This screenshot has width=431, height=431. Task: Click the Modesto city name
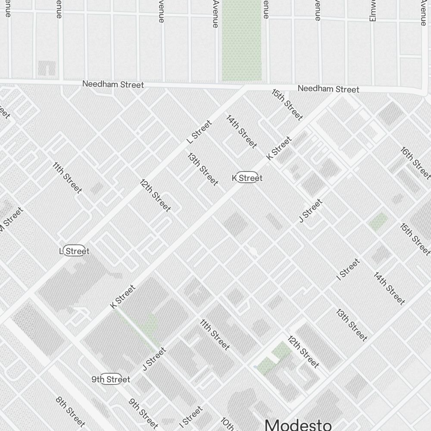[298, 424]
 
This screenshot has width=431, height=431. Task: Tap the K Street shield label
[247, 178]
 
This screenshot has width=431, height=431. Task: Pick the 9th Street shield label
[111, 379]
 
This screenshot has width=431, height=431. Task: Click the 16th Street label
[415, 162]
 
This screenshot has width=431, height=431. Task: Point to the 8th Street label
[70, 411]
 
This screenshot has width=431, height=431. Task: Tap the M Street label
[11, 222]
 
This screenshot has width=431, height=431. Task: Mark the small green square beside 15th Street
[378, 222]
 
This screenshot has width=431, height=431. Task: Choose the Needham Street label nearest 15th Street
[328, 89]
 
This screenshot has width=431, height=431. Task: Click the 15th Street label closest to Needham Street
[287, 104]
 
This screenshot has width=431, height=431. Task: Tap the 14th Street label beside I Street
[389, 288]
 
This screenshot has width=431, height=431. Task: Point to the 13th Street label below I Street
[352, 325]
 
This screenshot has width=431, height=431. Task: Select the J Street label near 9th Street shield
[154, 359]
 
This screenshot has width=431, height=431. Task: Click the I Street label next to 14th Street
[348, 269]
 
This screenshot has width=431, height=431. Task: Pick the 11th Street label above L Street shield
[67, 178]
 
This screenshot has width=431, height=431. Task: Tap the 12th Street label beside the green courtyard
[303, 351]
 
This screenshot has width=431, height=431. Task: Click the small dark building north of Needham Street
[47, 68]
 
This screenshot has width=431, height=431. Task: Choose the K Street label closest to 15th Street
[279, 148]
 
